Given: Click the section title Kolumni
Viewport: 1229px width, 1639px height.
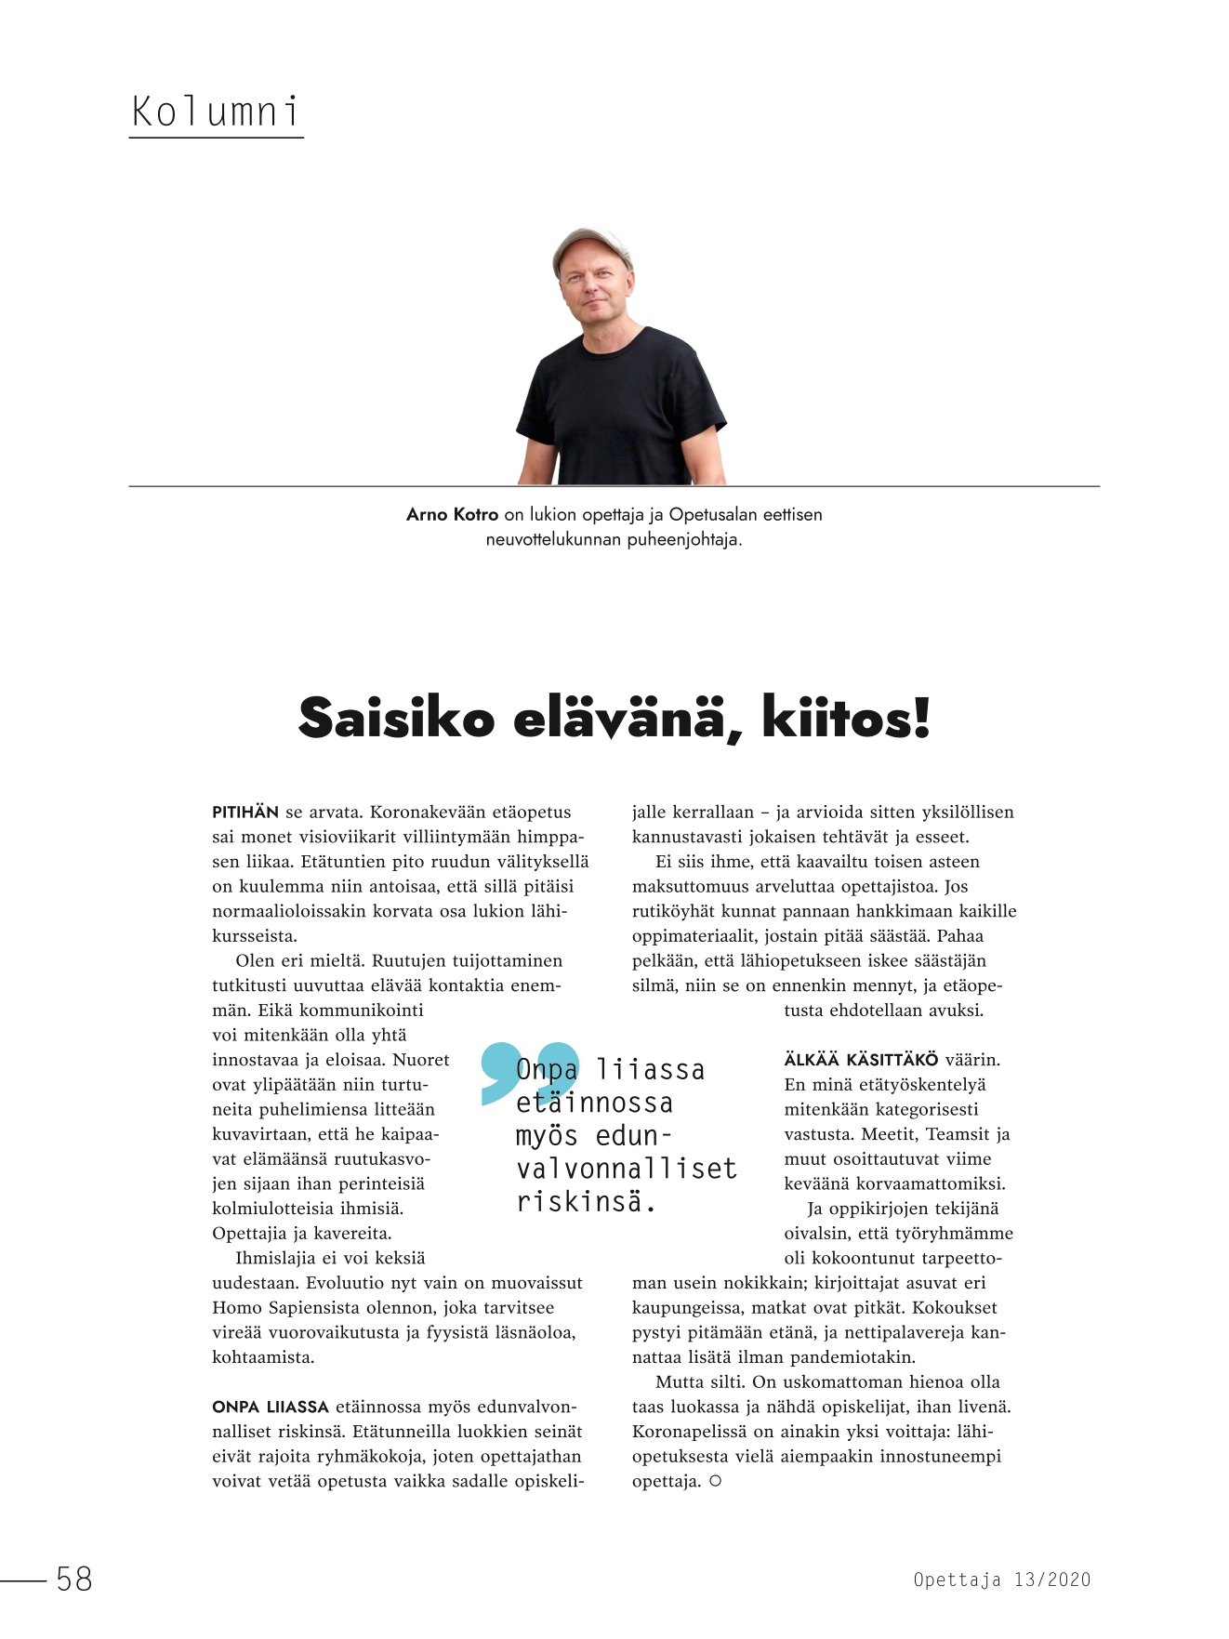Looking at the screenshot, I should (x=216, y=112).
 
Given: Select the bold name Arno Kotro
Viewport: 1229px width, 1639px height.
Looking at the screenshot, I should (x=452, y=515).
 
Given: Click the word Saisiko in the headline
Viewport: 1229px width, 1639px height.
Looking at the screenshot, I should (x=396, y=719).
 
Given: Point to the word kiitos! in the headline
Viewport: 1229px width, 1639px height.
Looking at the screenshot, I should (x=845, y=719).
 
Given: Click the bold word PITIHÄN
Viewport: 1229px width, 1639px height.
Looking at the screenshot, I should (x=245, y=813).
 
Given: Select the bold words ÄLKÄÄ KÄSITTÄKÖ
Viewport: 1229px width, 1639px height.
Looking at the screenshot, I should (x=861, y=1060).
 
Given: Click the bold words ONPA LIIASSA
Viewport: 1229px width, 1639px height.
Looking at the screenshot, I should (x=271, y=1408).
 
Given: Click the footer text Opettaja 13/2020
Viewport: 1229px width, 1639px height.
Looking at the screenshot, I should (x=1001, y=1580).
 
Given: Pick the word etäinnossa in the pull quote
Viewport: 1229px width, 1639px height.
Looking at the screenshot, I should (x=594, y=1104).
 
